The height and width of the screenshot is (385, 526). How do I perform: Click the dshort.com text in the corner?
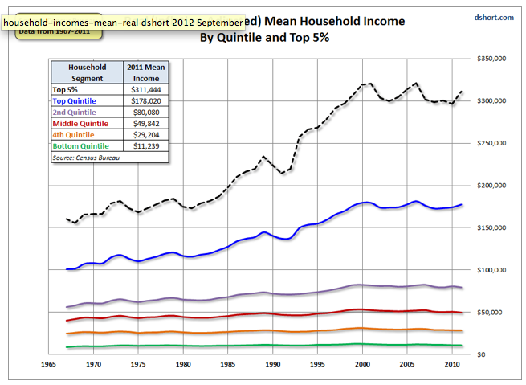point(493,17)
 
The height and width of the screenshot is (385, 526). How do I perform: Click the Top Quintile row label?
point(74,100)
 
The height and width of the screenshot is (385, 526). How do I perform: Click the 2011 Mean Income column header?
point(145,73)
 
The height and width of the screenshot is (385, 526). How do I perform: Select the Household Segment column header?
point(87,73)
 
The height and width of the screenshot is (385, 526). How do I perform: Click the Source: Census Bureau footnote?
point(88,158)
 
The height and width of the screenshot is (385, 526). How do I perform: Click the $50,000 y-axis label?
point(491,312)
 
